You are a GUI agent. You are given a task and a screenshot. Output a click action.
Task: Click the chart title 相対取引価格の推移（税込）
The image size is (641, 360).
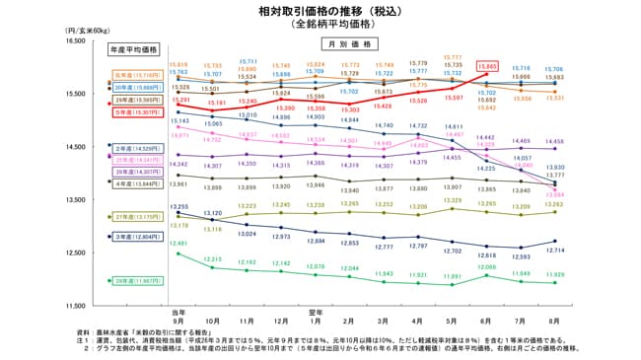pos(320,11)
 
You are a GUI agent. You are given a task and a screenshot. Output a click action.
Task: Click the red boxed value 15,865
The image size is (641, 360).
pos(486,67)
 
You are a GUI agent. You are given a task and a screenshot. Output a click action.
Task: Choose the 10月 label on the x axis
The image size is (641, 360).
pos(213,321)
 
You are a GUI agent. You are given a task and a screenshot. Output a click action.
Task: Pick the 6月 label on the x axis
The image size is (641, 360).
pos(486,321)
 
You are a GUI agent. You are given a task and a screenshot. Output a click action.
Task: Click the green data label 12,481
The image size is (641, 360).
pos(178,243)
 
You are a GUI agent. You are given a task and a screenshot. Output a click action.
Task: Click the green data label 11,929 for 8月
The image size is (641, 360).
pos(554,273)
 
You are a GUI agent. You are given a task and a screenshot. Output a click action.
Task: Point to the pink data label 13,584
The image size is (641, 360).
pos(554,194)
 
